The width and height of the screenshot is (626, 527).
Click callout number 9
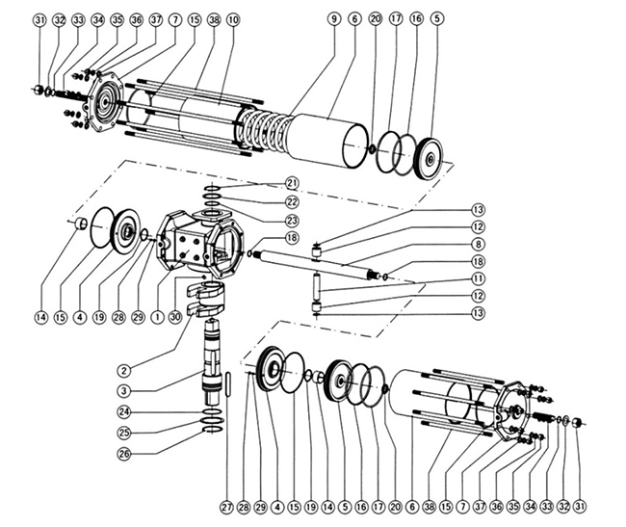[333, 19]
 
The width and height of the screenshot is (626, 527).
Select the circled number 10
[234, 19]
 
